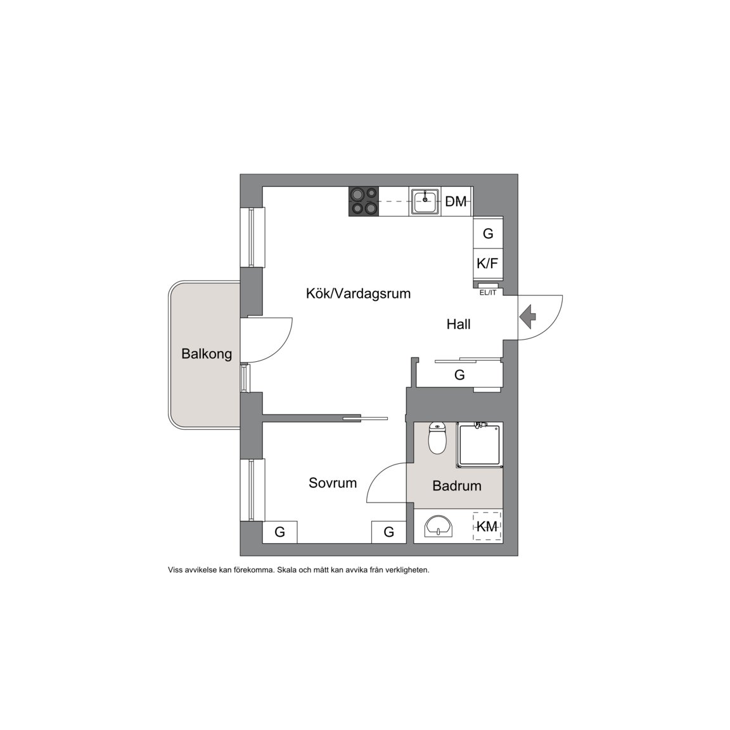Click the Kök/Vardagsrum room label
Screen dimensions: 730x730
pyautogui.click(x=358, y=294)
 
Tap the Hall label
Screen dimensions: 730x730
pyautogui.click(x=459, y=324)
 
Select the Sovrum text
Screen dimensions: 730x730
pyautogui.click(x=333, y=483)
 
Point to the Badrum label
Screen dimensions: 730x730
pyautogui.click(x=457, y=485)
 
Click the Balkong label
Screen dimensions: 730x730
pyautogui.click(x=207, y=354)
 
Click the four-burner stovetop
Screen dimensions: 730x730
pyautogui.click(x=364, y=202)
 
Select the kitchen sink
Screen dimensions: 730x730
pyautogui.click(x=425, y=202)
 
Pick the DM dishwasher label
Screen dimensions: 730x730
pyautogui.click(x=456, y=202)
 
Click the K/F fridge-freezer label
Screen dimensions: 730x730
pyautogui.click(x=487, y=264)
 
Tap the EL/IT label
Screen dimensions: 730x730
pyautogui.click(x=488, y=293)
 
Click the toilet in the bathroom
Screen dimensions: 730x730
pyautogui.click(x=437, y=438)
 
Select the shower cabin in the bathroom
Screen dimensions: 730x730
pyautogui.click(x=480, y=445)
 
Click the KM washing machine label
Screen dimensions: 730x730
pyautogui.click(x=487, y=527)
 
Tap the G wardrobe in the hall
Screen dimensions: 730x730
pyautogui.click(x=459, y=375)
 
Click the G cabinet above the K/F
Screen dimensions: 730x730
pyautogui.click(x=488, y=233)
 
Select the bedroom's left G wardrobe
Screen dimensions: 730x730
pyautogui.click(x=280, y=532)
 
